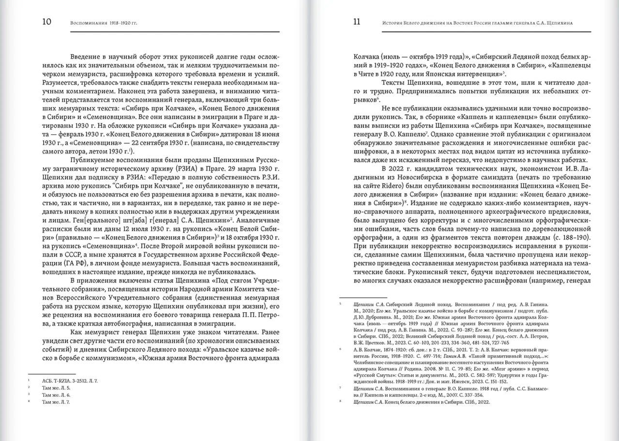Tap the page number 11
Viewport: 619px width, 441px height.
click(357, 22)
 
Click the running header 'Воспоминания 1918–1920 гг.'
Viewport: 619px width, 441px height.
click(104, 23)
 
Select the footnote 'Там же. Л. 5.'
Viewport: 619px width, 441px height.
click(56, 387)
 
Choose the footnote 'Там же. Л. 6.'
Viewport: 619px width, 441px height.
click(56, 395)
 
